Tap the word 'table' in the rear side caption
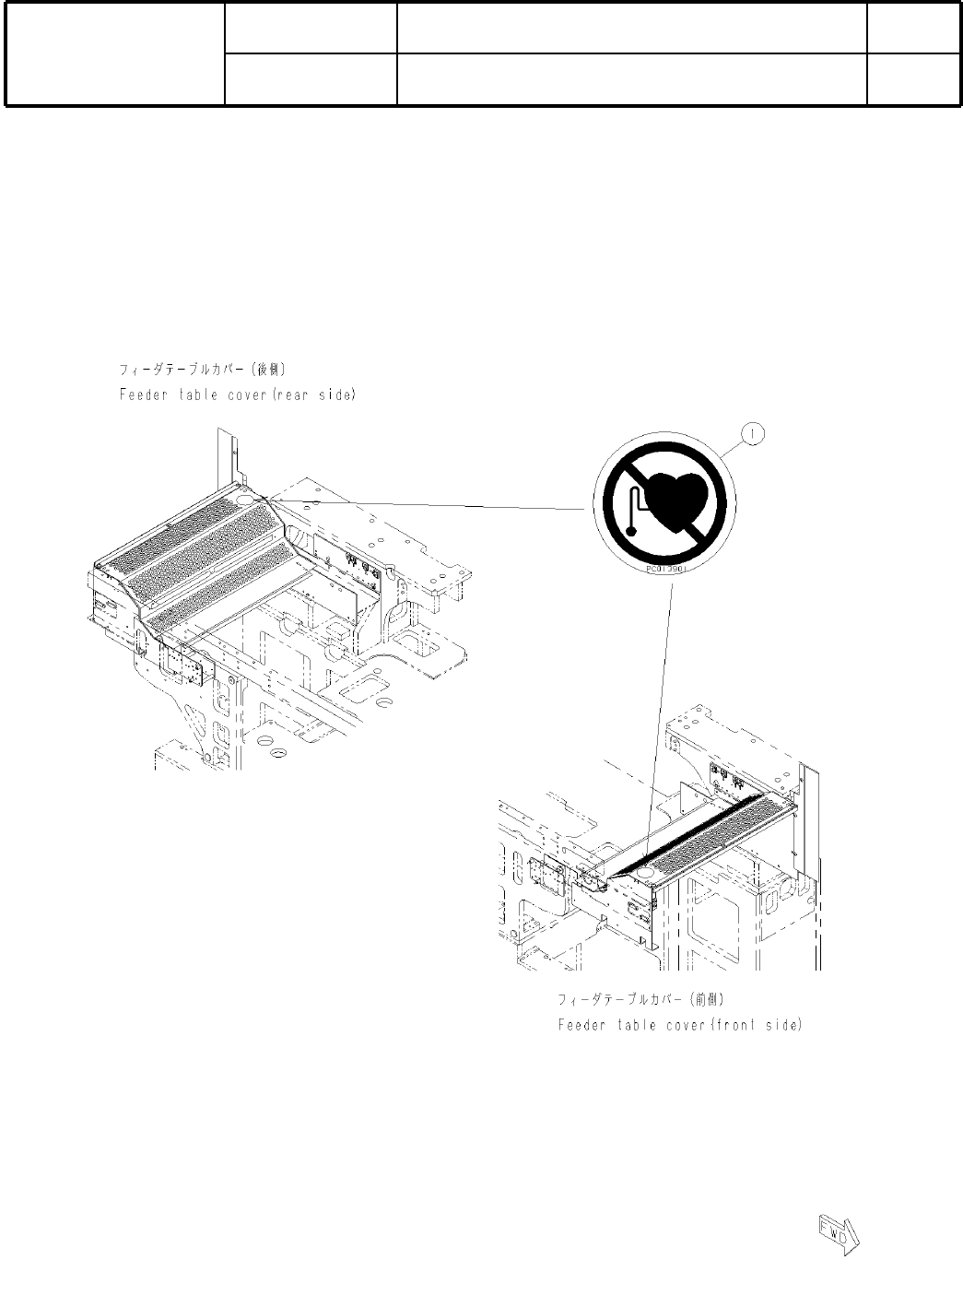pyautogui.click(x=199, y=394)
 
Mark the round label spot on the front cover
pyautogui.click(x=644, y=871)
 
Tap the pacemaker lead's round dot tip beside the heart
pyautogui.click(x=630, y=529)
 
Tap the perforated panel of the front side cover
pyautogui.click(x=719, y=834)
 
